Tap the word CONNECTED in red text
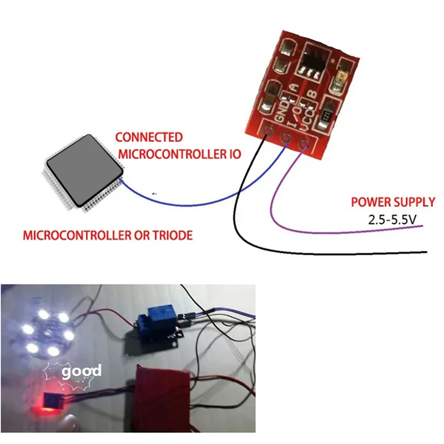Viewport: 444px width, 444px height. [x=148, y=137]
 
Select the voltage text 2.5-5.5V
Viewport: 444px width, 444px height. [x=392, y=220]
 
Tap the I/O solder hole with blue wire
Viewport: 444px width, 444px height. [x=286, y=138]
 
